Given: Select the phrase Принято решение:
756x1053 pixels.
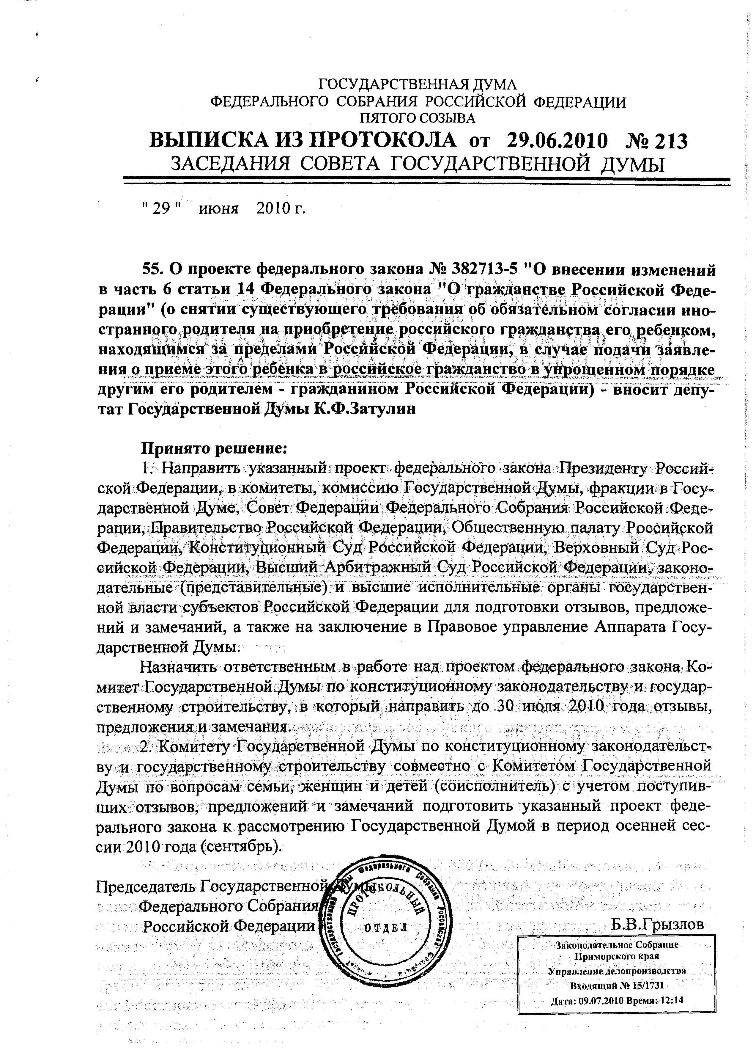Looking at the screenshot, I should (x=215, y=448).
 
